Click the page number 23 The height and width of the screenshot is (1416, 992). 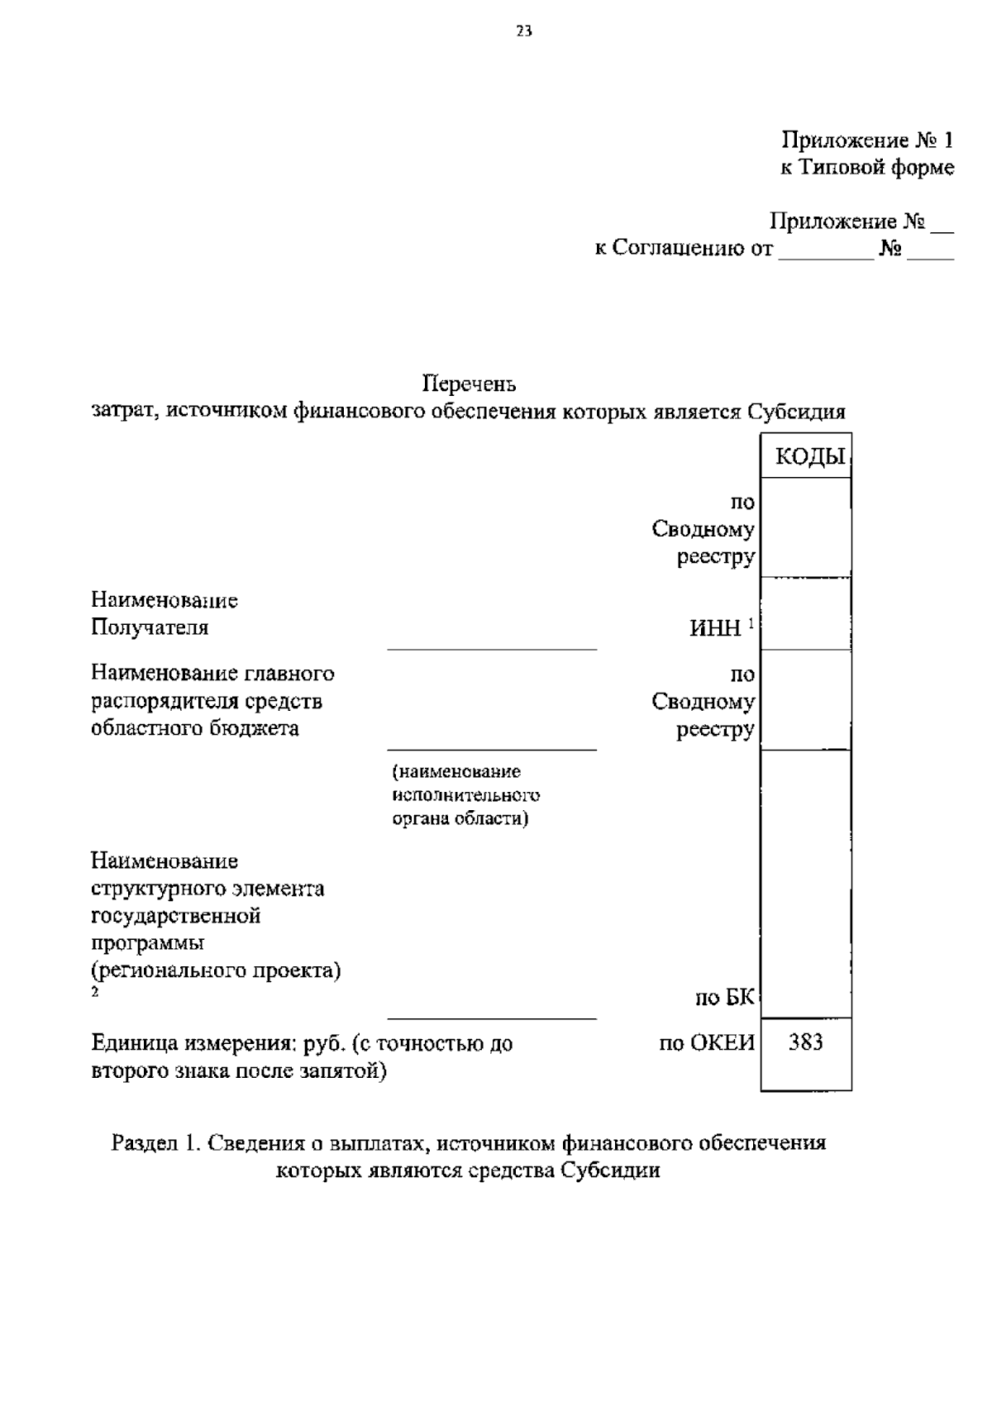523,32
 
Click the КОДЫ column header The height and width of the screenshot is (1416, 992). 809,457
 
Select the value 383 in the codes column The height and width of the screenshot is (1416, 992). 805,1042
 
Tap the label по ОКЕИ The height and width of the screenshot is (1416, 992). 707,1043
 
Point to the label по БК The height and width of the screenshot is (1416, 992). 724,998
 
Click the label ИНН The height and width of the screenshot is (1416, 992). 715,628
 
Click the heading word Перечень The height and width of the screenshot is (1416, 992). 469,384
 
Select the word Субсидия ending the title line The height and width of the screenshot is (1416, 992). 796,412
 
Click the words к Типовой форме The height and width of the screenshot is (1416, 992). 867,168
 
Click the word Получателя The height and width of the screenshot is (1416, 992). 150,627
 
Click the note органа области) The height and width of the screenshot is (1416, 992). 460,818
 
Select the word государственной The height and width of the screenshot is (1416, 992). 175,916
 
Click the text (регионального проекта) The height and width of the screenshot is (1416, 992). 216,970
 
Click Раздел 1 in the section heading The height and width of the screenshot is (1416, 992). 155,1143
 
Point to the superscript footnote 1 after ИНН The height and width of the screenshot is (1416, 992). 751,622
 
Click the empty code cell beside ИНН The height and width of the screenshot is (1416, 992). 806,613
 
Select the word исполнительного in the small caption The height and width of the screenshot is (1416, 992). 466,795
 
